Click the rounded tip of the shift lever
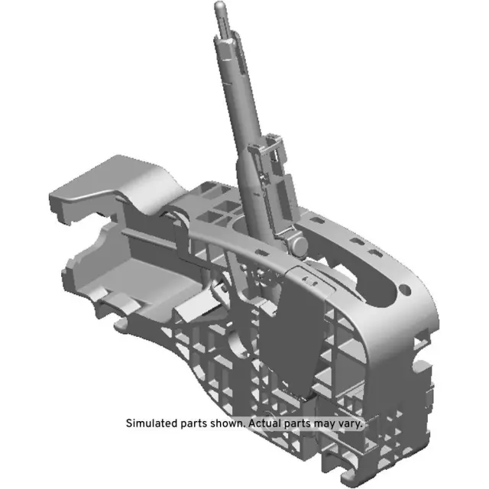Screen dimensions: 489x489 (220, 7)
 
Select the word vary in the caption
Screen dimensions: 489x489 (351, 423)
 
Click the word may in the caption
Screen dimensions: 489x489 (326, 423)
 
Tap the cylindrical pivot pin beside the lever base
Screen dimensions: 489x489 (298, 244)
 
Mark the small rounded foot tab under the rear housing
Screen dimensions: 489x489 (121, 326)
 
